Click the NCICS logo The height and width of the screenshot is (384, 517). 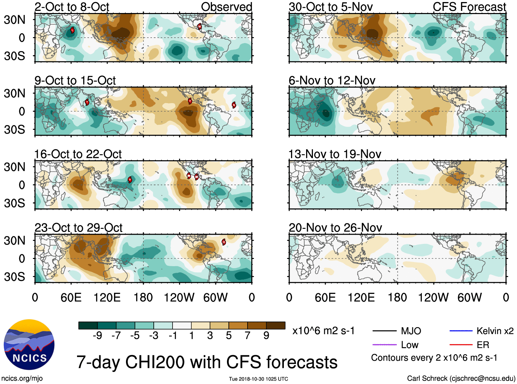pos(29,345)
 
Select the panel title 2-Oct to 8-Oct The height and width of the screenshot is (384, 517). pos(72,7)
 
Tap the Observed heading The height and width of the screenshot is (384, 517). pos(226,7)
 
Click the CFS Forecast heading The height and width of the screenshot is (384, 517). pos(469,7)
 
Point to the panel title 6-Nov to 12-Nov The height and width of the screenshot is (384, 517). pos(332,80)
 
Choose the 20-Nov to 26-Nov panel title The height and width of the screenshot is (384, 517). pos(335,228)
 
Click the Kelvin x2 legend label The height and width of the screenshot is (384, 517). pos(495,331)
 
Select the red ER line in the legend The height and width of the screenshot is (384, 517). pos(461,345)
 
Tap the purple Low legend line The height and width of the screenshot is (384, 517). pos(384,345)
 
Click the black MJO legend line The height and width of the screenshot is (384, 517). pos(384,331)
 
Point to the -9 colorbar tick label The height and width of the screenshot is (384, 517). pos(97,336)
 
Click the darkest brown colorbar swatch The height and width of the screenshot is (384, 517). pos(276,325)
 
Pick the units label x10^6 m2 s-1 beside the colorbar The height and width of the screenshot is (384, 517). pos(323,331)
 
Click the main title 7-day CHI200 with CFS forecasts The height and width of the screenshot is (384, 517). pos(207,362)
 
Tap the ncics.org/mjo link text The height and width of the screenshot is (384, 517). pos(22,379)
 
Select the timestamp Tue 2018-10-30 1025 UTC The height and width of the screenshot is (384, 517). pos(258,379)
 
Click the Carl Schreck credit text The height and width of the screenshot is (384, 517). pos(461,379)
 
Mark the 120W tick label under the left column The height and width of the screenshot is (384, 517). pos(179,298)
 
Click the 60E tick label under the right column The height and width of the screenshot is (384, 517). pos(325,298)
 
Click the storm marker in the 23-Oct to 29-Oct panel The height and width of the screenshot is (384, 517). pos(224,242)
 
